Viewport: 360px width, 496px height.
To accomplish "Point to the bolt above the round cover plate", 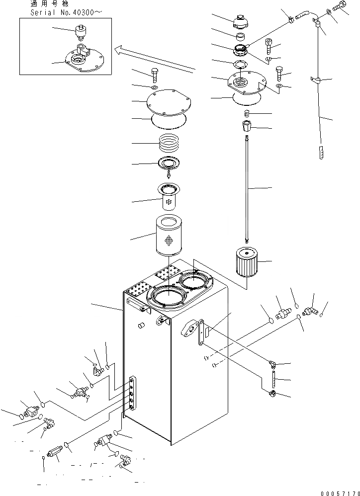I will [154, 75].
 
